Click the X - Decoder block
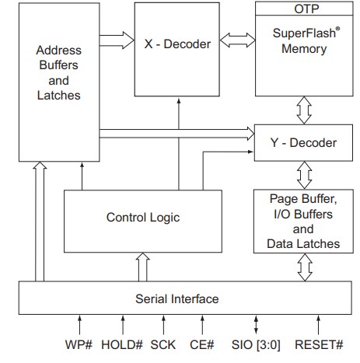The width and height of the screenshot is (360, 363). (177, 45)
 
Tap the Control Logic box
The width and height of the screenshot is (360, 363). (142, 218)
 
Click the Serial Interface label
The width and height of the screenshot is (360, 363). (177, 298)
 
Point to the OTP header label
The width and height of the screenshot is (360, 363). (304, 9)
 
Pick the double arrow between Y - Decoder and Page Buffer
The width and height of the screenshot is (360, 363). (304, 172)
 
